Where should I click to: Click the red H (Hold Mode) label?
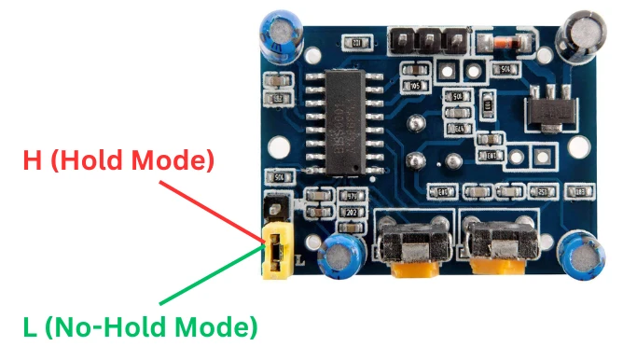118,160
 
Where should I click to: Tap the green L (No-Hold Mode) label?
139,326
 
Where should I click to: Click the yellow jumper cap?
277,250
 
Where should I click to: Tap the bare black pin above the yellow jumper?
272,207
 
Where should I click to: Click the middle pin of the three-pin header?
430,40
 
